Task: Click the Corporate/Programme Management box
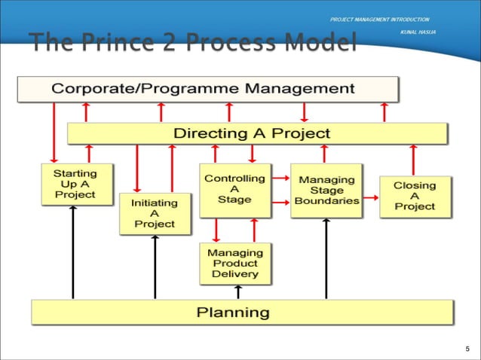[208, 89]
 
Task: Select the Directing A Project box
[257, 133]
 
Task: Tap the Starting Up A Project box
[75, 184]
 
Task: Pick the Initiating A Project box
[155, 213]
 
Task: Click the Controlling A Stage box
[234, 190]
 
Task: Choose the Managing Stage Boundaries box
[326, 191]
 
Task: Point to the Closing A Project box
[414, 196]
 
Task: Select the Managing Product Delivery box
[234, 264]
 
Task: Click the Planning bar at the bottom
[242, 312]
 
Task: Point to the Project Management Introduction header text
[379, 19]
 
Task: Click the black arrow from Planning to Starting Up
[73, 252]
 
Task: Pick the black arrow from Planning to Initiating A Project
[155, 267]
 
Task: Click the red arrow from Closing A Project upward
[413, 159]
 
